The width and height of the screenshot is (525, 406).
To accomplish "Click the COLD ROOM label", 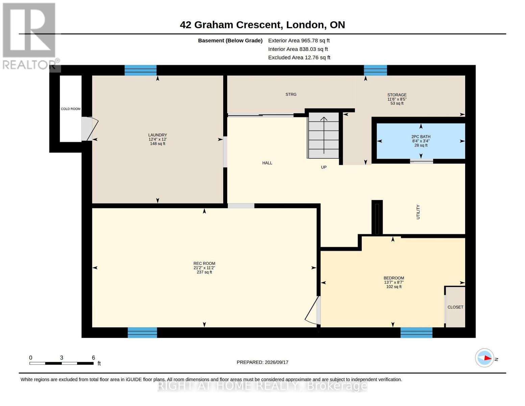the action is (71, 109).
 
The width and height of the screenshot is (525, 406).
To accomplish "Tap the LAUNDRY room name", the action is (158, 135).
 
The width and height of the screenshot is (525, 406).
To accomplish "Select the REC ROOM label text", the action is (204, 263).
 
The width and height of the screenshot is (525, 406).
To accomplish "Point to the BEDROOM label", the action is (394, 278).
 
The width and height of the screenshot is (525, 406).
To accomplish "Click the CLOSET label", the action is (455, 307).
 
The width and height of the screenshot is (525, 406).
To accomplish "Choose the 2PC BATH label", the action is (421, 137).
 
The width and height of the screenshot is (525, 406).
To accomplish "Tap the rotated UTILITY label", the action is (418, 212).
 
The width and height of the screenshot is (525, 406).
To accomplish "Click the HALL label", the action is (267, 163).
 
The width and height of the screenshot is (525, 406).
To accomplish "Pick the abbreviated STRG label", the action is (291, 94).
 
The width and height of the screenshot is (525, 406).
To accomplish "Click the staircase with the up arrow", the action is (324, 135).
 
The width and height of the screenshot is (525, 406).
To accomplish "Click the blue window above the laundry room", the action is (140, 70).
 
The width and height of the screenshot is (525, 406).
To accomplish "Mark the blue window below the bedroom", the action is (416, 333).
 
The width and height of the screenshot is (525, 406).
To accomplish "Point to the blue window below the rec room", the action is (142, 333).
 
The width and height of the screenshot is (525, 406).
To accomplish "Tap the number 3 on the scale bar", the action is (62, 358).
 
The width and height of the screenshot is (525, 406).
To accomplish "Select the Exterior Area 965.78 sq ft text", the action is (299, 41).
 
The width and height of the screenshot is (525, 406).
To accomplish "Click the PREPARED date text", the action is (262, 362).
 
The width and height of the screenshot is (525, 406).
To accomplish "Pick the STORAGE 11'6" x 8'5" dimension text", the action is (397, 99).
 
